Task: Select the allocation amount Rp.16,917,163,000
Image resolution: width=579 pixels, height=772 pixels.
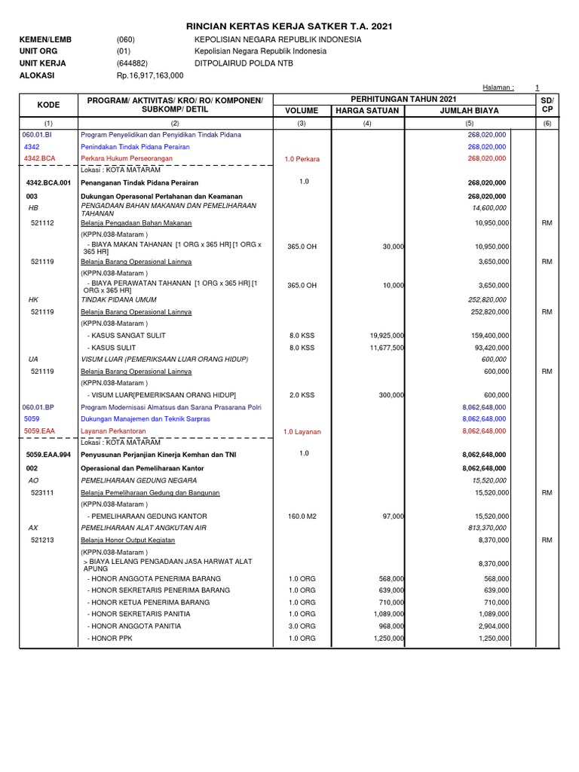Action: click(150, 75)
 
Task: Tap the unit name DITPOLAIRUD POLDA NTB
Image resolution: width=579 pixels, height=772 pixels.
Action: click(244, 63)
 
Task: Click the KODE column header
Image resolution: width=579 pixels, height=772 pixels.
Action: click(48, 105)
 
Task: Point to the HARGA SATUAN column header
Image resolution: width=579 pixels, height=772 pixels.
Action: click(366, 111)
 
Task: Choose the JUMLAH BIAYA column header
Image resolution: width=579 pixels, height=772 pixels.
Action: click(469, 111)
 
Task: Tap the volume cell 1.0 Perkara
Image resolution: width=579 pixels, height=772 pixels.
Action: click(301, 159)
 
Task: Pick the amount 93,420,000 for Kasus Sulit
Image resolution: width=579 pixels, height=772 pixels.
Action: click(491, 348)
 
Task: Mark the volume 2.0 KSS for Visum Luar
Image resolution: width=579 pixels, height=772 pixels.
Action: click(301, 395)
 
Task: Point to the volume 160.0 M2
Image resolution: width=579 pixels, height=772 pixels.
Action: click(301, 516)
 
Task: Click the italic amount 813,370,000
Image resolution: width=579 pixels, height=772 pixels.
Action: click(490, 528)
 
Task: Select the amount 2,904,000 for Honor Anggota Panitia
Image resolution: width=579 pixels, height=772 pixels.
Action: click(491, 626)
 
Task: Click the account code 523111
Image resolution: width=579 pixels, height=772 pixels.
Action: click(42, 492)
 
